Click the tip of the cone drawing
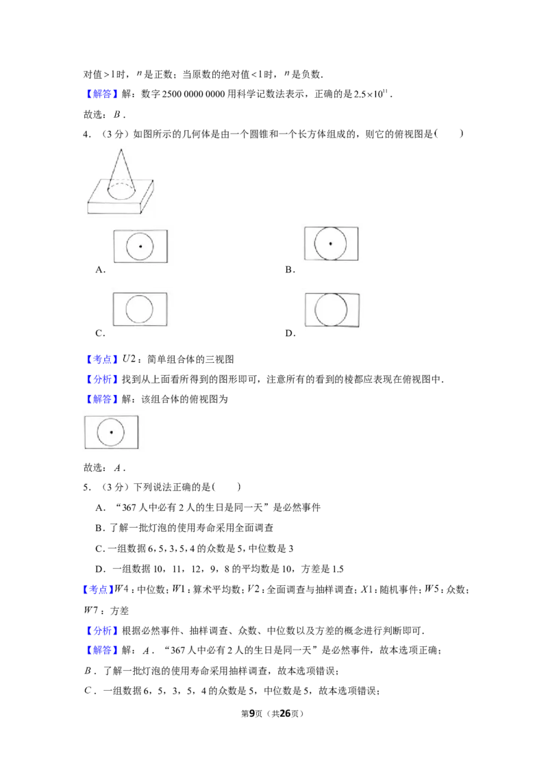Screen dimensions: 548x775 (x=120, y=149)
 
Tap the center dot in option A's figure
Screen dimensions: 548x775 (x=140, y=246)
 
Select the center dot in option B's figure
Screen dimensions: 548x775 (x=330, y=243)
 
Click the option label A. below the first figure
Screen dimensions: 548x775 (x=101, y=270)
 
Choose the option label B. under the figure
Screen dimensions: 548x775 (x=290, y=270)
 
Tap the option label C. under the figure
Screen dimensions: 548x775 (x=101, y=333)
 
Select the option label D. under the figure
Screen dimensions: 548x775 (x=290, y=333)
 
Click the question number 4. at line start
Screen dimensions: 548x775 (x=87, y=134)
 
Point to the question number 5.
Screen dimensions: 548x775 (x=87, y=487)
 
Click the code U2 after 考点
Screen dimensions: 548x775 (x=129, y=359)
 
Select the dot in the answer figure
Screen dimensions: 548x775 (x=111, y=432)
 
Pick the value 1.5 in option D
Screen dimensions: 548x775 (x=338, y=569)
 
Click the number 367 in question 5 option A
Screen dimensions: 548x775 (x=129, y=507)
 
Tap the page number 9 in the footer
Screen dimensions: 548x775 (x=252, y=713)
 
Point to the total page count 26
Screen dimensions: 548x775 (x=285, y=713)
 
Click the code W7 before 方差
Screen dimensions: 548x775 (x=91, y=610)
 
